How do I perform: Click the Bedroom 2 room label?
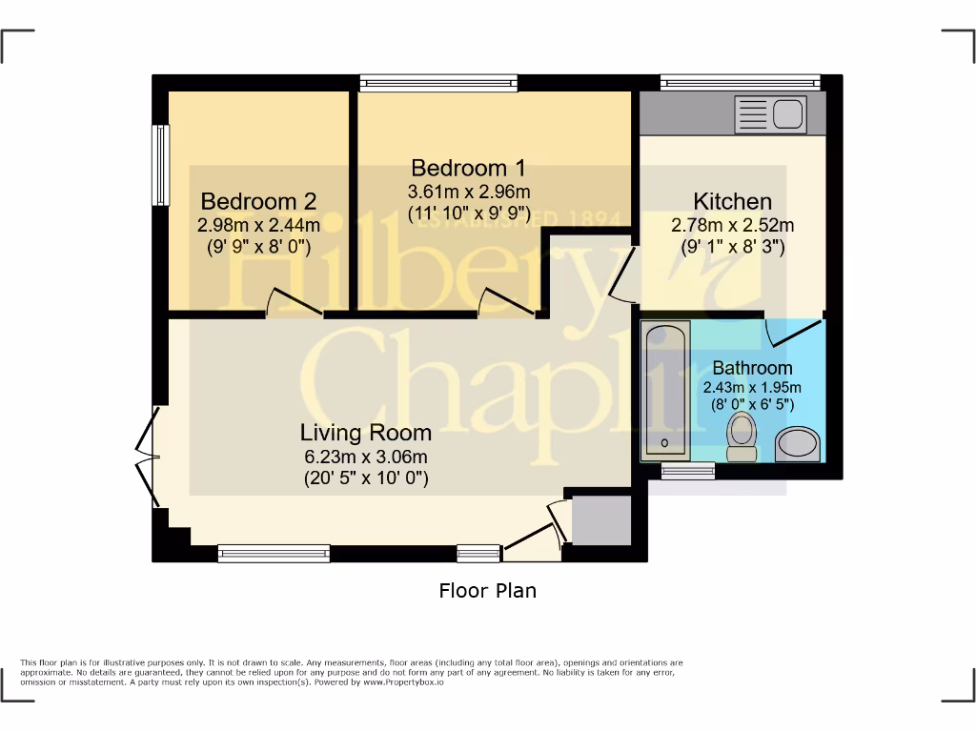point(258,202)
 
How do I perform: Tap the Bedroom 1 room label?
point(468,168)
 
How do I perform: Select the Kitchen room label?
point(732,202)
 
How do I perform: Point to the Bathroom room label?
point(752,368)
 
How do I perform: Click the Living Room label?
point(366,433)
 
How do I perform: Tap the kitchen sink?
point(788,114)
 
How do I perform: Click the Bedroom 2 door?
point(294,302)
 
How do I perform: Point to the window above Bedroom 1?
point(439,83)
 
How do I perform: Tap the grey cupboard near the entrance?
point(600,520)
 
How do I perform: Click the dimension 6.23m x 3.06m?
point(366,456)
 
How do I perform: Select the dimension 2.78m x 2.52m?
point(732,226)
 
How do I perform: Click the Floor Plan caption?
point(487,591)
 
